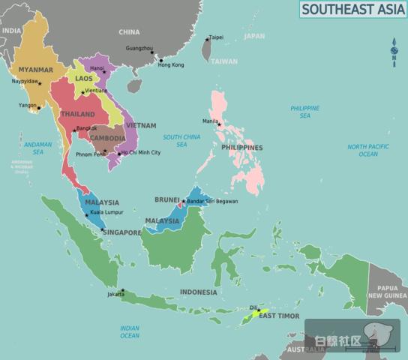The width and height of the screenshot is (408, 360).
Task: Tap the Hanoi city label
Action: [97, 67]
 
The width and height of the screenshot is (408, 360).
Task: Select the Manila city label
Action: [210, 121]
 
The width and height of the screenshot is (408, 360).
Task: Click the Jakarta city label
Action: [115, 294]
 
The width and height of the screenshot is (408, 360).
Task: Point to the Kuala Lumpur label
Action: [106, 212]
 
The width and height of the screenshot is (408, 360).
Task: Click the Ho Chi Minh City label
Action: [140, 152]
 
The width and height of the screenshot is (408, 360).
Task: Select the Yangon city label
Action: [28, 105]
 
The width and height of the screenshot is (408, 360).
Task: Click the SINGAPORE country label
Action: [121, 232]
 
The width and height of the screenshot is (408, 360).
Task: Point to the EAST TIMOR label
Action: [279, 316]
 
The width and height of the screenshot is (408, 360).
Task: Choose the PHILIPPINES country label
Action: [241, 148]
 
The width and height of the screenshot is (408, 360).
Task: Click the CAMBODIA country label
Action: [107, 138]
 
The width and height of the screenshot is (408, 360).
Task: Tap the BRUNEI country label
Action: [166, 199]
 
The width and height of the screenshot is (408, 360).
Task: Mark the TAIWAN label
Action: [223, 61]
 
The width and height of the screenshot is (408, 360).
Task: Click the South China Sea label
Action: [181, 140]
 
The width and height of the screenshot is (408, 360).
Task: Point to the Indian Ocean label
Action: [130, 331]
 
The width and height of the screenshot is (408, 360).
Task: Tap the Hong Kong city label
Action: [170, 64]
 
